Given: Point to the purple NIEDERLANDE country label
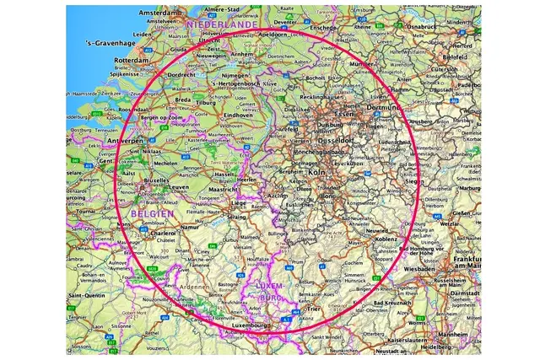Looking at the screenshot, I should [x=221, y=27].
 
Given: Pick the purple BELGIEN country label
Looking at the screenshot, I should [x=154, y=214].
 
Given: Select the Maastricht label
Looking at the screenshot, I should [x=224, y=189].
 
